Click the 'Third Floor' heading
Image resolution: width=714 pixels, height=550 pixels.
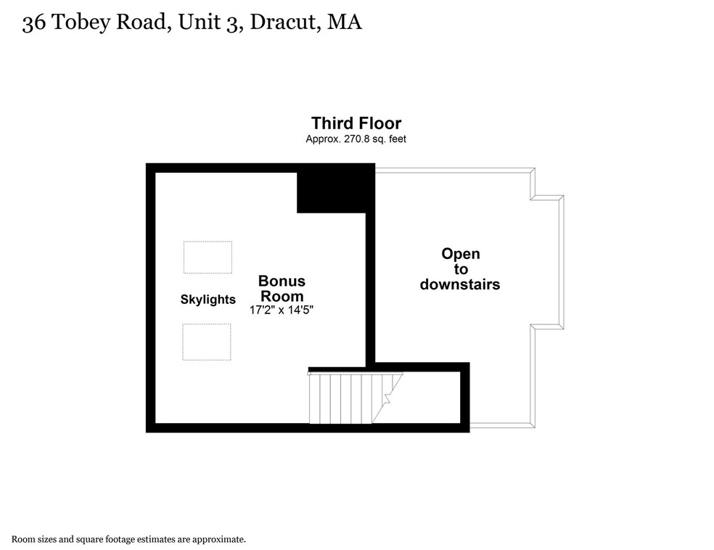point(356,123)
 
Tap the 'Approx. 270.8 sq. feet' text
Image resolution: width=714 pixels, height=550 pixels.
point(356,139)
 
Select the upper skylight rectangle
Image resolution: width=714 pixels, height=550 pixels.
point(208,257)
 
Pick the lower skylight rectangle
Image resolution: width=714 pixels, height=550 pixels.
point(207,342)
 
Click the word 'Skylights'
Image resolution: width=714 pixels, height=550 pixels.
point(208,299)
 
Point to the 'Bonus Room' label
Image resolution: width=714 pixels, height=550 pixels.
point(282,288)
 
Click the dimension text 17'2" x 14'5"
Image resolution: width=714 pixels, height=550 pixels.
point(282,310)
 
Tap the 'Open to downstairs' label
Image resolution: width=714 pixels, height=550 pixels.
point(460,269)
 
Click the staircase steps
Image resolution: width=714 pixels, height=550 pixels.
point(345,397)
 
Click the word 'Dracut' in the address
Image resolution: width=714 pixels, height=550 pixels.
point(283,23)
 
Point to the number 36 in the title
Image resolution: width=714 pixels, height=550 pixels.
point(31,23)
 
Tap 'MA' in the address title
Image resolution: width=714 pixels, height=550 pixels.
point(344,23)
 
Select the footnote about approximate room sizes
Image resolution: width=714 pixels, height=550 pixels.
point(128,539)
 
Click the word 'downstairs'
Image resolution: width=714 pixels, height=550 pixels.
point(460,284)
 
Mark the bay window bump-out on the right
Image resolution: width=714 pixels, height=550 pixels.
point(549,261)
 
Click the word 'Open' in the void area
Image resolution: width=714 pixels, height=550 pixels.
point(461,254)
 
